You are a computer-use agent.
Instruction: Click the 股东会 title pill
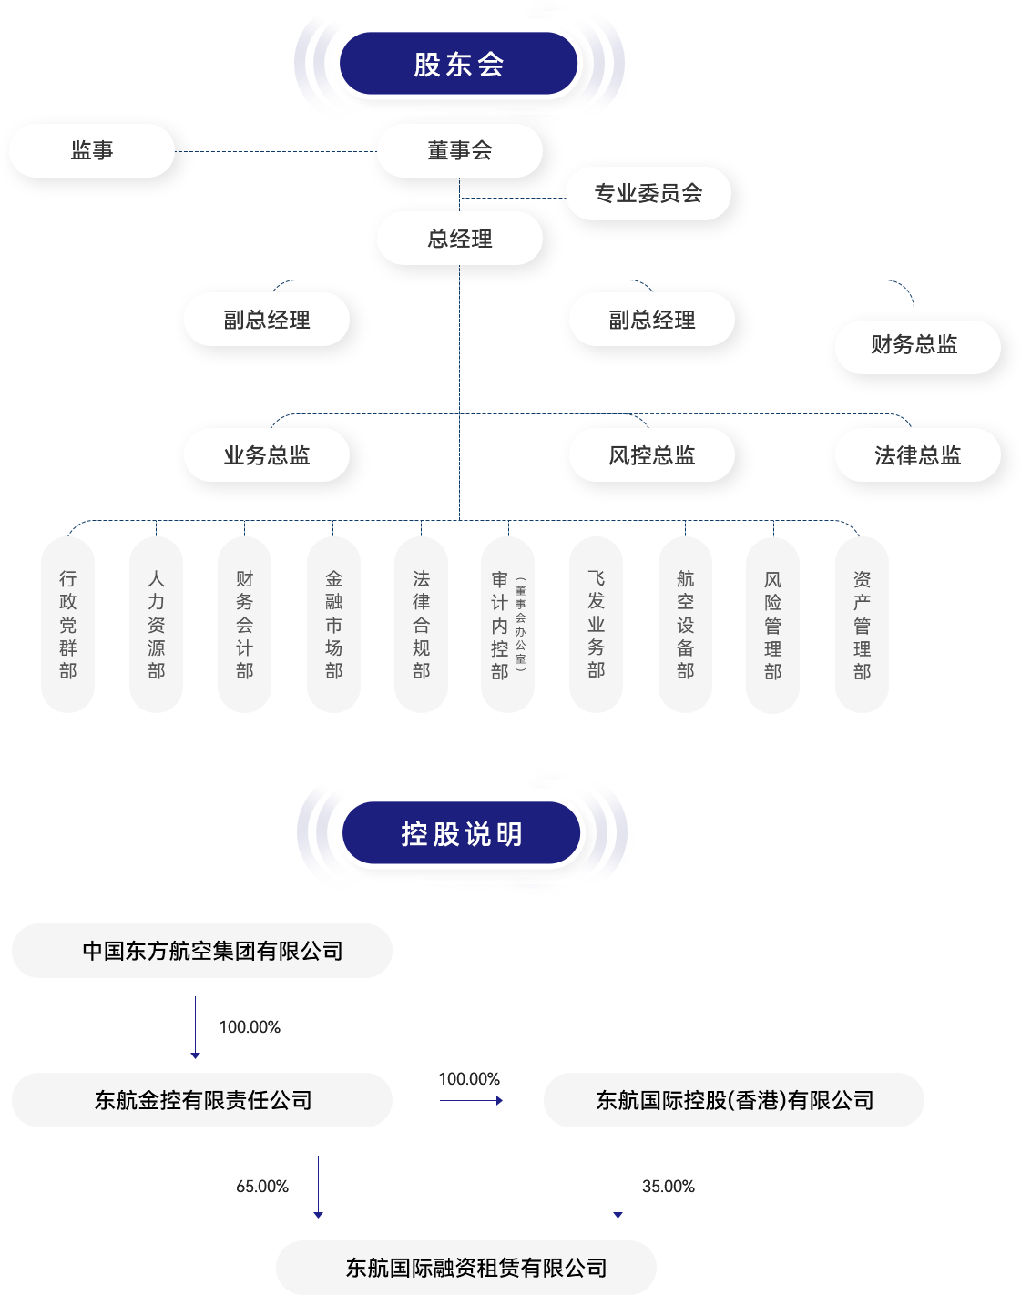point(459,64)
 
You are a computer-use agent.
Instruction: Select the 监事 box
point(92,150)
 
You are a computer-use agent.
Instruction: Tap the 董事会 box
point(460,150)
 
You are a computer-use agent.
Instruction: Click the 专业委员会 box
point(648,193)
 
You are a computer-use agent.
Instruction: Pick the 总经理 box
point(460,239)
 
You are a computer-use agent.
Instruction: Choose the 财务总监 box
point(917,346)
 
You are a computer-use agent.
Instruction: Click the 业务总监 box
point(267,455)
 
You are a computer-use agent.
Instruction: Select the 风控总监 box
point(652,455)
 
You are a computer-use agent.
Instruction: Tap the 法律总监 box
point(917,455)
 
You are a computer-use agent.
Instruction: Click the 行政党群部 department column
point(68,625)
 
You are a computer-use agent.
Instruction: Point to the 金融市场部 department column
point(334,625)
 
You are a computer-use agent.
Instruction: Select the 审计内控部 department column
point(507,625)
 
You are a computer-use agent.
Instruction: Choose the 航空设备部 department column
point(685,625)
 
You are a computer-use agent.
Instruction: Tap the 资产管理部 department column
point(862,625)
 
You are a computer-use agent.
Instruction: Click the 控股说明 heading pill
point(462,833)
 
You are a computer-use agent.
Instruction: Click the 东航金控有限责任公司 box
point(202,1100)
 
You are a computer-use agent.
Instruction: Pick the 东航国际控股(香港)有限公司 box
point(734,1100)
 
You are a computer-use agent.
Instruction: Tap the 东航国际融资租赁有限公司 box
point(466,1268)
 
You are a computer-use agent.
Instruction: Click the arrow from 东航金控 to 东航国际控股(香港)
point(471,1100)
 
